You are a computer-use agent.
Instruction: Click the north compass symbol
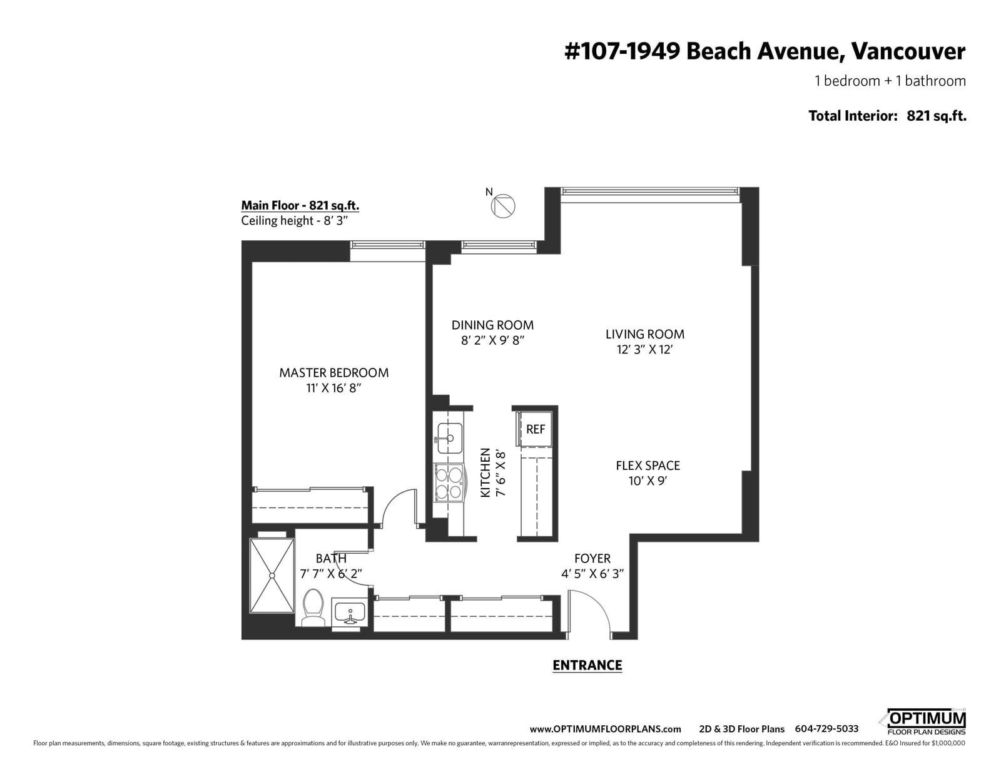(x=502, y=205)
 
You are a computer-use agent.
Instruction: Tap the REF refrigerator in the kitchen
(x=534, y=429)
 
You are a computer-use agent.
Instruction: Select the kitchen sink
(x=450, y=437)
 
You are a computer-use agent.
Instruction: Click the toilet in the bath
(x=313, y=607)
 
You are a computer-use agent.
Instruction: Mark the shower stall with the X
(x=272, y=576)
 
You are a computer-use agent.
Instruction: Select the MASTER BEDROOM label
(x=334, y=373)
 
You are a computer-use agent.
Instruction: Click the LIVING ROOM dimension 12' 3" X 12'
(x=645, y=349)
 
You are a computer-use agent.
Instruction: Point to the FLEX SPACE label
(x=648, y=466)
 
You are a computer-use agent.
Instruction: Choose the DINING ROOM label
(x=492, y=325)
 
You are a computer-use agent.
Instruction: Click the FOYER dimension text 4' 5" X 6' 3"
(x=592, y=574)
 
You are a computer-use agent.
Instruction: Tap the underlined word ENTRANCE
(x=587, y=665)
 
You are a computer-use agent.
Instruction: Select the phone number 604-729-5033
(x=826, y=729)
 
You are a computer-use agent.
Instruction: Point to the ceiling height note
(x=295, y=221)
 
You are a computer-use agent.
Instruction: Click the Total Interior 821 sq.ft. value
(x=936, y=116)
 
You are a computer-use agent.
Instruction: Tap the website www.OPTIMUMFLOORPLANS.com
(x=605, y=730)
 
